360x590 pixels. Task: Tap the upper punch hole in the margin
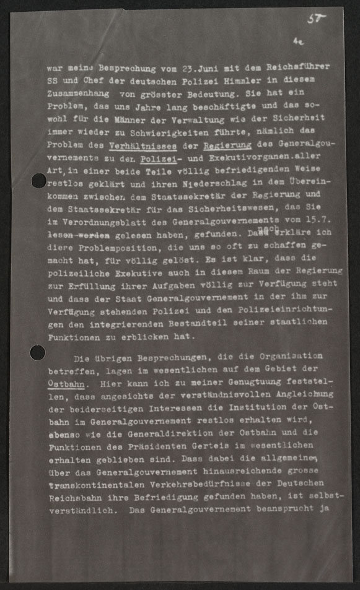click(38, 181)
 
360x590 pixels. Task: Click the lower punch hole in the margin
click(38, 352)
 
